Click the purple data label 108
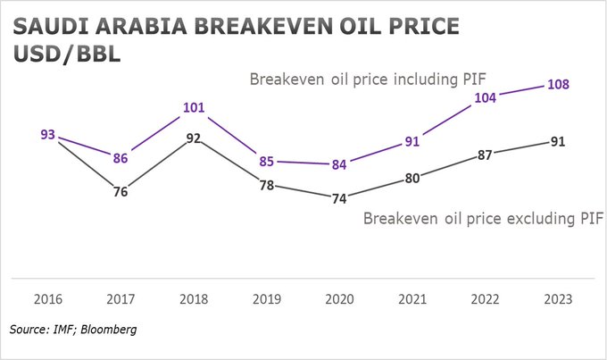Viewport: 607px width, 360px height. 558,85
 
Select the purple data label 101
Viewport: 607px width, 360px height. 194,109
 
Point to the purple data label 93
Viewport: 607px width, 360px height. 48,135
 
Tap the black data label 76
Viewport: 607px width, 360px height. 121,191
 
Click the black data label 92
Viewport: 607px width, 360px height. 194,138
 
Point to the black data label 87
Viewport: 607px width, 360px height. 486,155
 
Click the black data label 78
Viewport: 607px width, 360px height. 266,185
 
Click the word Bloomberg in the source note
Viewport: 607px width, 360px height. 108,331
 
